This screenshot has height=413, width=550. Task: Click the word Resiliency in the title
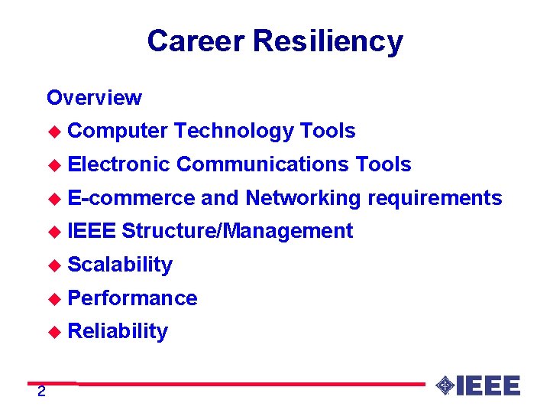click(328, 41)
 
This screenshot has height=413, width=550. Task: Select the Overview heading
click(94, 98)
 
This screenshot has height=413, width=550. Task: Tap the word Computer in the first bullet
click(117, 132)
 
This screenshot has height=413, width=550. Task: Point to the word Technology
click(234, 131)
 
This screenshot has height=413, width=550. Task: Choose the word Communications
click(263, 164)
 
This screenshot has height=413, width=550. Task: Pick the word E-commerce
click(131, 198)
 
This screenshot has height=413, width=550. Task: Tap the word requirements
click(434, 198)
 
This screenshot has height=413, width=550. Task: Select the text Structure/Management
click(237, 231)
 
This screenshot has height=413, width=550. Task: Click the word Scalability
click(120, 265)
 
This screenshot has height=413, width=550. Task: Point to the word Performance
click(132, 298)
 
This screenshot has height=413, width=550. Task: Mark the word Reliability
click(118, 331)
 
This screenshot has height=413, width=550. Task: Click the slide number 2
click(41, 392)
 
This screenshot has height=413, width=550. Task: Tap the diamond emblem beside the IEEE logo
click(445, 385)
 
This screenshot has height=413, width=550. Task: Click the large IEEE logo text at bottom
click(488, 385)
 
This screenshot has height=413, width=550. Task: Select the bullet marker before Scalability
click(53, 265)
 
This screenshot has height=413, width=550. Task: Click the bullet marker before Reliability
click(53, 332)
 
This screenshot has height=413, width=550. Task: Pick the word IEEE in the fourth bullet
click(92, 231)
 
